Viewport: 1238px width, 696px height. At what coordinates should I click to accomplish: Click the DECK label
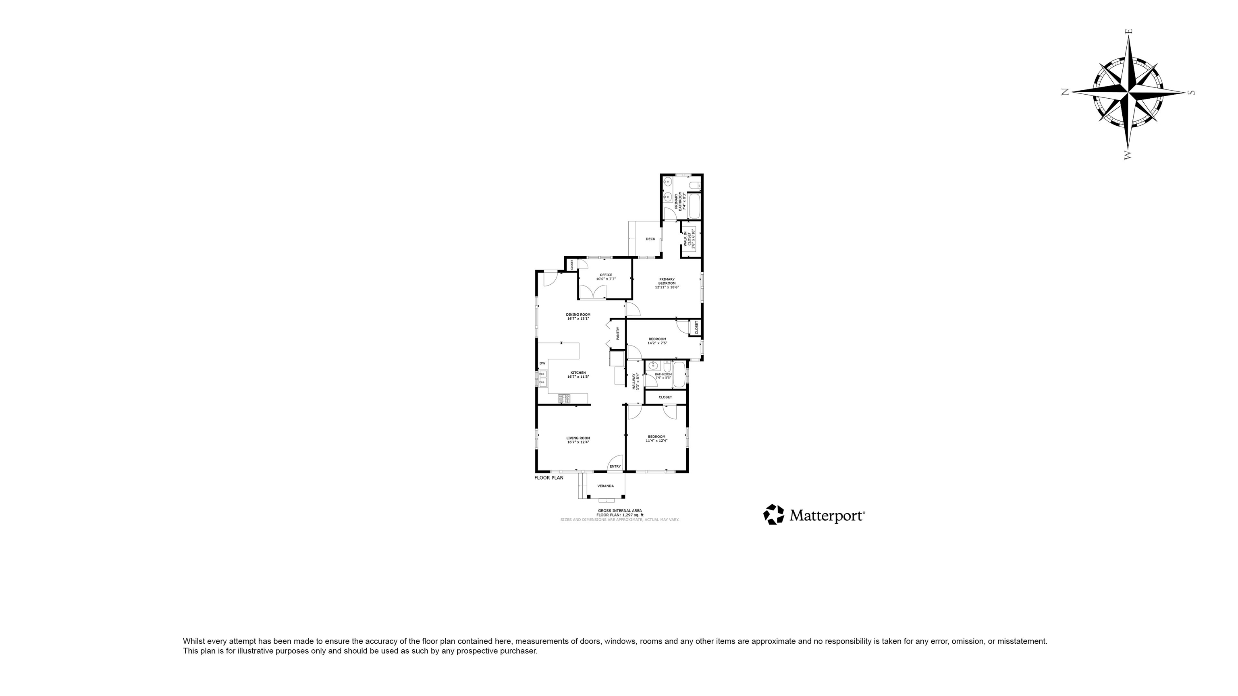(x=650, y=239)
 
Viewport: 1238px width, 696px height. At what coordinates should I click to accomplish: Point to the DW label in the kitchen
(x=542, y=363)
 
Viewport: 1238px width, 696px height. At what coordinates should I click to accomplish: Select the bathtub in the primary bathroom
(x=694, y=205)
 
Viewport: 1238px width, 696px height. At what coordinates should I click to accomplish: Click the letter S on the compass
(x=1190, y=93)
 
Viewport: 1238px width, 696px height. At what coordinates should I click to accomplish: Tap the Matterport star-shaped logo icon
(x=773, y=514)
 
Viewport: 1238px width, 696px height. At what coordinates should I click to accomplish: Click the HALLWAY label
(x=634, y=381)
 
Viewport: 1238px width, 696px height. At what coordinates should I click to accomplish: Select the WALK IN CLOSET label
(x=688, y=239)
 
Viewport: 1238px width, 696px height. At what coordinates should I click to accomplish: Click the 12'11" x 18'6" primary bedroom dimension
(x=667, y=287)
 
